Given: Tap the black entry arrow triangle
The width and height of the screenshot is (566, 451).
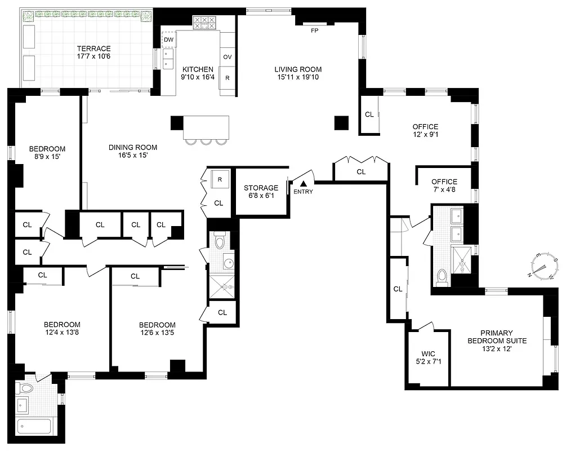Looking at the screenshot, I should [304, 183].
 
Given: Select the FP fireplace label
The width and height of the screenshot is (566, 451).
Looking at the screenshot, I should [314, 30].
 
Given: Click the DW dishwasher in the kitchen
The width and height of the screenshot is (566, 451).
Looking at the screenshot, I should [168, 39].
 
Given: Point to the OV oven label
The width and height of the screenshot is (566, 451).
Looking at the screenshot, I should [228, 57].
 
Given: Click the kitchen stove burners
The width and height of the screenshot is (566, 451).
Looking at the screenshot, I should [204, 23].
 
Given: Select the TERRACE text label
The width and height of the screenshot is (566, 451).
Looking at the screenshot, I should [93, 48].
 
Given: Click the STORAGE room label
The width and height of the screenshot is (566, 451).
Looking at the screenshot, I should [261, 188].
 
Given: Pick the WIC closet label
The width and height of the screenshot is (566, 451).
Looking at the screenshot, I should [428, 354].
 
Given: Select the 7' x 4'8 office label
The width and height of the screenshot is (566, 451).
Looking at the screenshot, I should [444, 190].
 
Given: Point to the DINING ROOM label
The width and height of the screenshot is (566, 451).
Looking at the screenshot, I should [133, 148].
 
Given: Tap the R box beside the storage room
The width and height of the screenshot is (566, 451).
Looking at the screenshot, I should [219, 180].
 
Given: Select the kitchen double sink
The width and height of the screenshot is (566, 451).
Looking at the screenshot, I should [168, 59].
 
